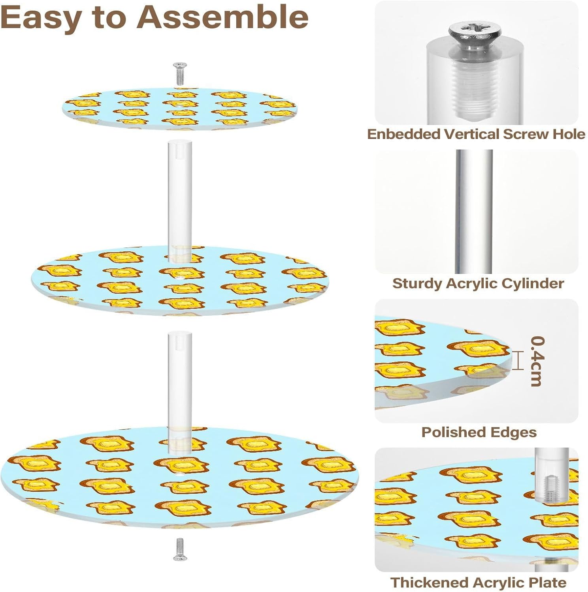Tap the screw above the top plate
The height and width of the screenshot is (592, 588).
tap(180, 73)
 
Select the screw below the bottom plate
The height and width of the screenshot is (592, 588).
tap(180, 549)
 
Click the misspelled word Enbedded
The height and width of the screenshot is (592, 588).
tap(403, 134)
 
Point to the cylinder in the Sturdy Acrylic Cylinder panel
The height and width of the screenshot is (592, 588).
tap(474, 211)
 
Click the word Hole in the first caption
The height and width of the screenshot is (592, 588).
tap(569, 134)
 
